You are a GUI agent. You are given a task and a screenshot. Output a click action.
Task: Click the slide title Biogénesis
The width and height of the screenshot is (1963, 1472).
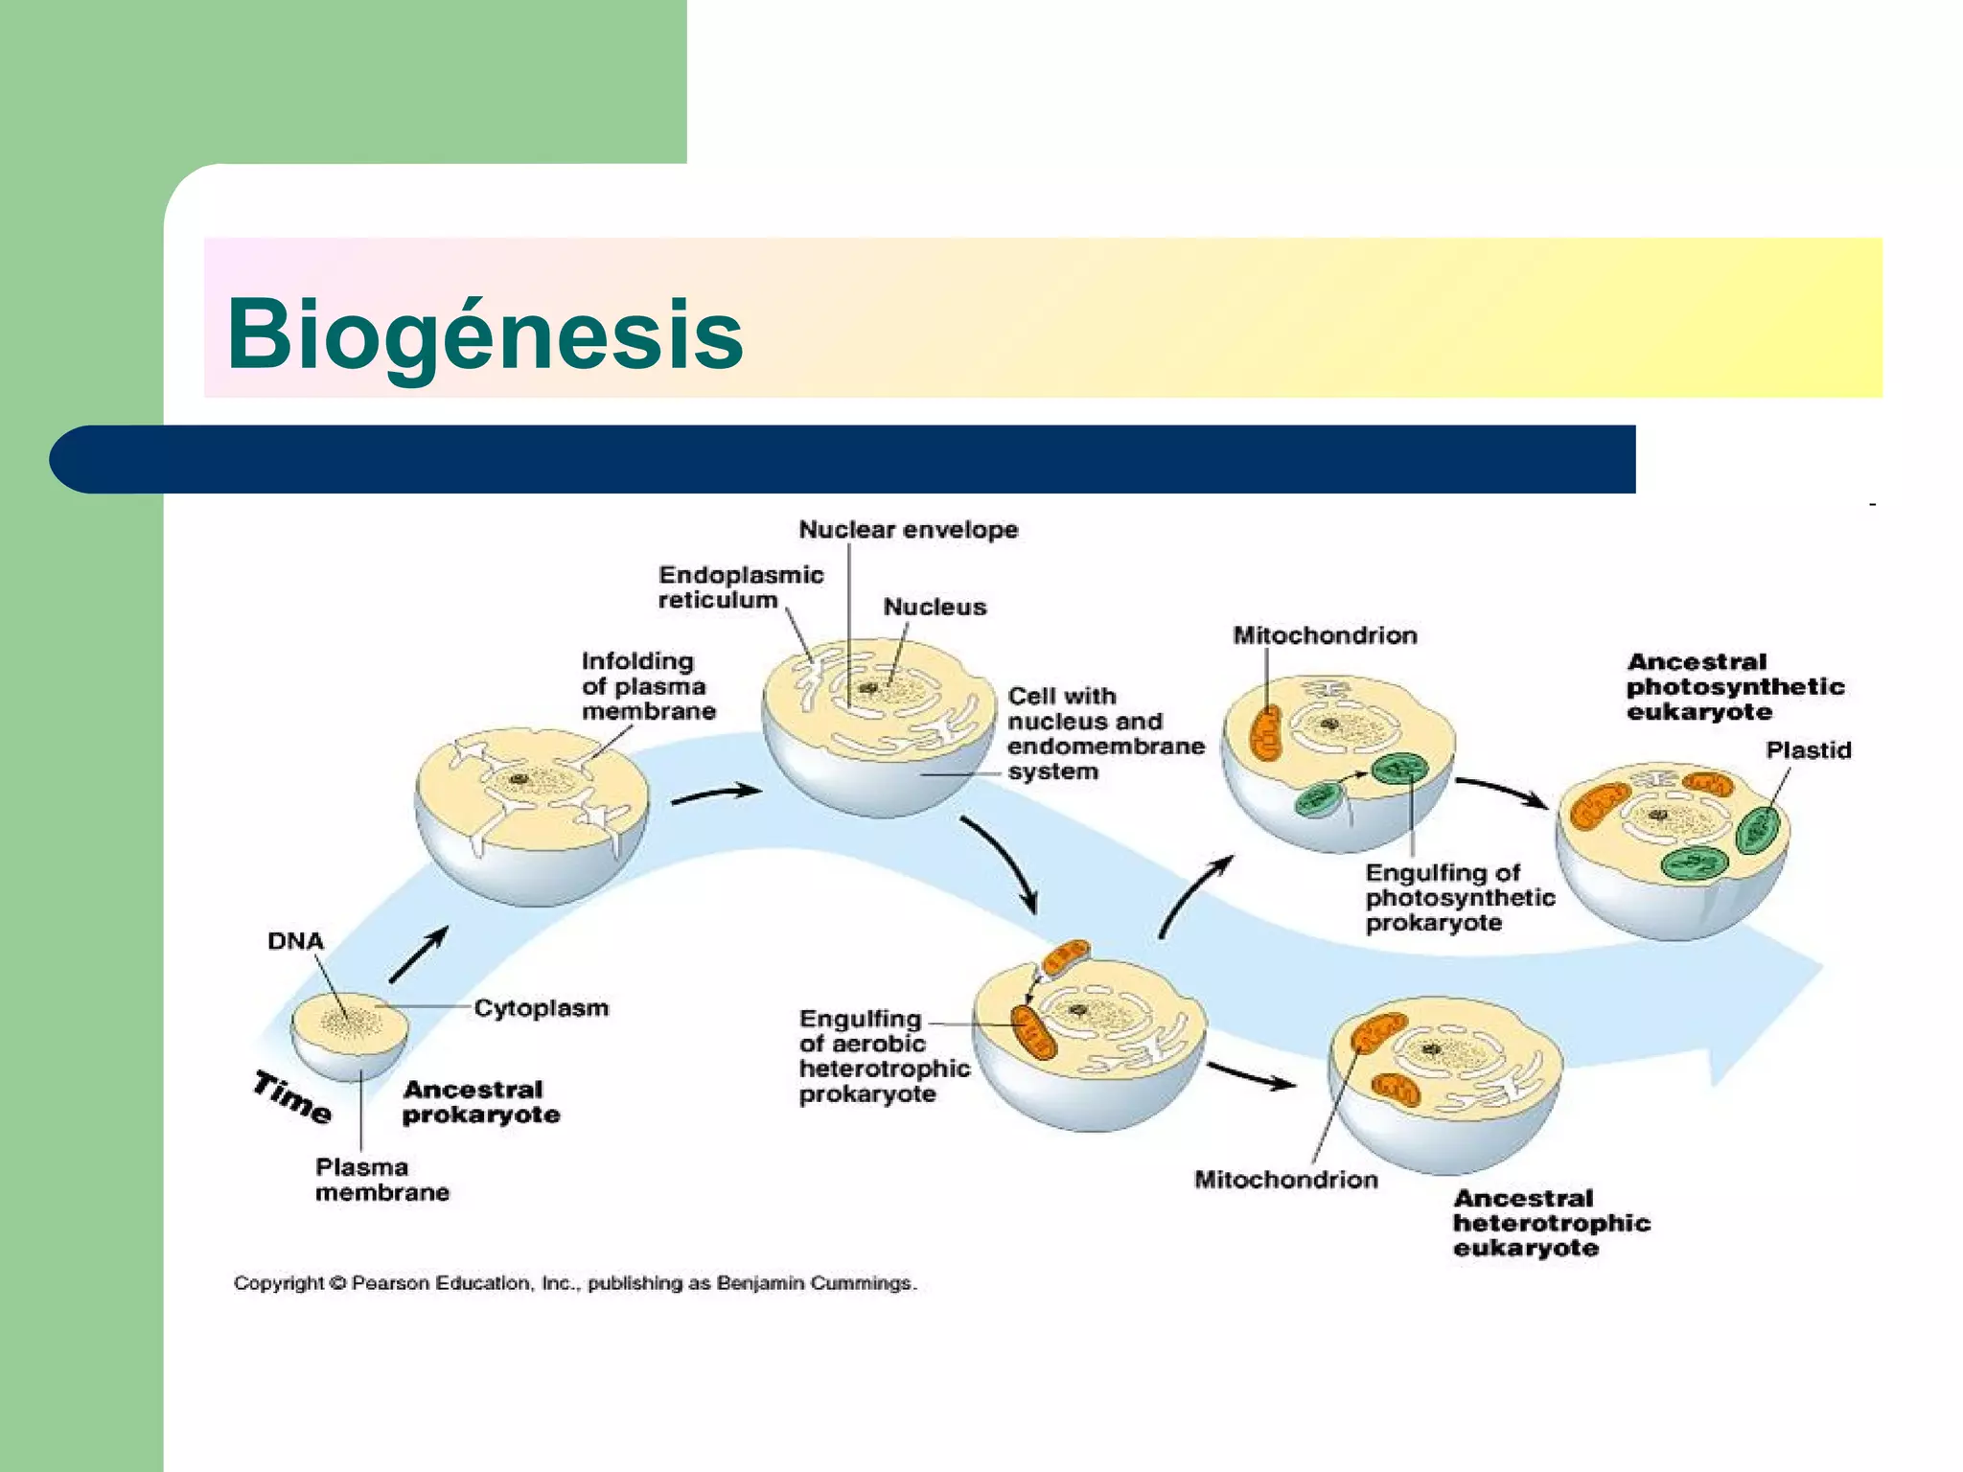[x=485, y=333]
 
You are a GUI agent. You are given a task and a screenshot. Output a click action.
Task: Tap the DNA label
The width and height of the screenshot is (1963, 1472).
[x=295, y=941]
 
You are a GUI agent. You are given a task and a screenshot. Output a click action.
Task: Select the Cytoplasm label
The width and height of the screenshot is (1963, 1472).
[x=541, y=1008]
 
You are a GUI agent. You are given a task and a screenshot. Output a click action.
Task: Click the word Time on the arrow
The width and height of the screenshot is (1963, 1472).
[x=292, y=1097]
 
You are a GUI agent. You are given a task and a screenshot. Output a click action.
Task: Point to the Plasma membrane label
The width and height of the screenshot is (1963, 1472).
[x=381, y=1180]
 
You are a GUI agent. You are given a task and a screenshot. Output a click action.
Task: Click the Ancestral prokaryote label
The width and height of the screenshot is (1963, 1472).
[x=480, y=1102]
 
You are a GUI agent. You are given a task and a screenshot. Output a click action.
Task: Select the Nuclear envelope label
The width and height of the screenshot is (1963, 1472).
[x=908, y=529]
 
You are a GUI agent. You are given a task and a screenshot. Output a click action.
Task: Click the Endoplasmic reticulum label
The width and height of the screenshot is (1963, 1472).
[x=740, y=587]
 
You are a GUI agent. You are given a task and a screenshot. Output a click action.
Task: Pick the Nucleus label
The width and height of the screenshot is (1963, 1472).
[x=934, y=607]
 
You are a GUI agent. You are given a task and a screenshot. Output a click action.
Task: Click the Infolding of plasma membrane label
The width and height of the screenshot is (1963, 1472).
[x=648, y=686]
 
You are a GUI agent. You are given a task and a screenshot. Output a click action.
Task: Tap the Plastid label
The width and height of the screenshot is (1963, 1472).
[x=1808, y=750]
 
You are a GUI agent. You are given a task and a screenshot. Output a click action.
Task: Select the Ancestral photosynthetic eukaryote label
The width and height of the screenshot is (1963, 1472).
[x=1734, y=686]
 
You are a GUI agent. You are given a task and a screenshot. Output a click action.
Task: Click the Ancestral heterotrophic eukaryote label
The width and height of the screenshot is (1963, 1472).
[x=1550, y=1223]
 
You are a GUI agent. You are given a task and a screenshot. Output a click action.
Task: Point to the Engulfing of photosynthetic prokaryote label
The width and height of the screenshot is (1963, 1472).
[x=1459, y=898]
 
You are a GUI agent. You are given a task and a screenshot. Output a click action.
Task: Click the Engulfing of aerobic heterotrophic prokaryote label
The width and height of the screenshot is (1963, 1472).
[x=884, y=1056]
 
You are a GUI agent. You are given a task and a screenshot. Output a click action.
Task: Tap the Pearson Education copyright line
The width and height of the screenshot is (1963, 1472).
[x=575, y=1283]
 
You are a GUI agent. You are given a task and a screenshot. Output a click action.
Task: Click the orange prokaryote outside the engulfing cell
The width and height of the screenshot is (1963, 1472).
[x=1065, y=957]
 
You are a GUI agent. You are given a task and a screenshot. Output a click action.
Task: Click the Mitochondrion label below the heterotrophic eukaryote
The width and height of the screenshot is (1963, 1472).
[x=1285, y=1180]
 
